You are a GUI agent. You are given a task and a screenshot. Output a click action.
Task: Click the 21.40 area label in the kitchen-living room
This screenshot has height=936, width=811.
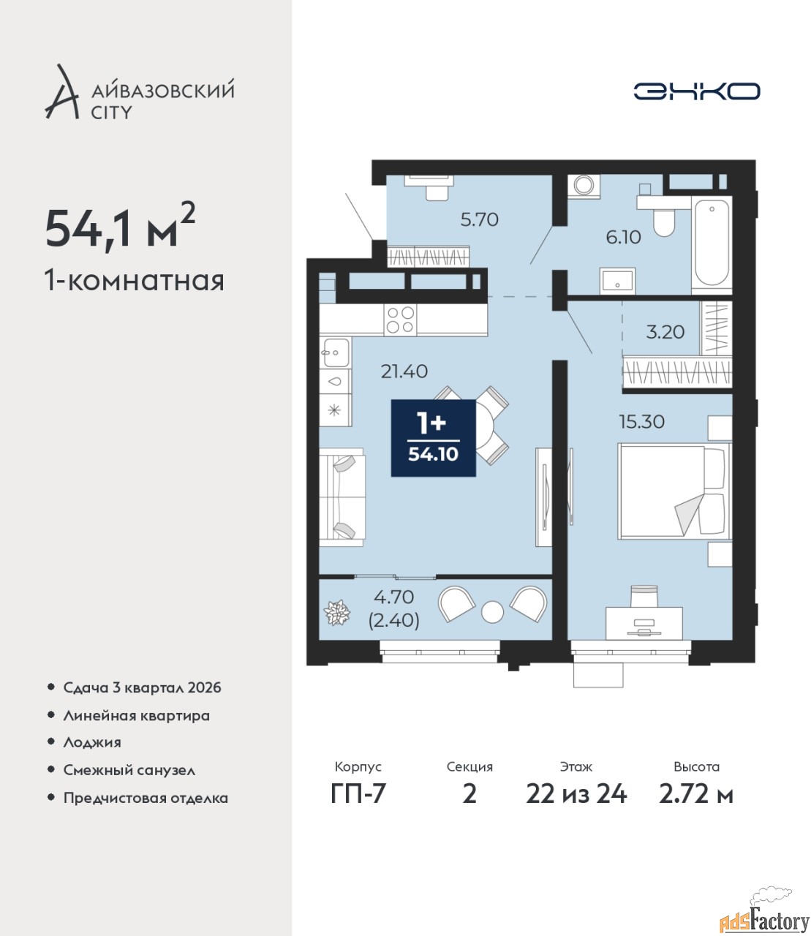click(404, 371)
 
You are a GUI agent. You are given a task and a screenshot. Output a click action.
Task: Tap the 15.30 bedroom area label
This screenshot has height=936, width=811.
click(641, 422)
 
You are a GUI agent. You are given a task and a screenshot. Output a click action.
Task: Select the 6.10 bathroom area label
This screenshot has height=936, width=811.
click(624, 237)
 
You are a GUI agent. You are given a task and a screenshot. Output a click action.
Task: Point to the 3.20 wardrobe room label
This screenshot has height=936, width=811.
click(665, 332)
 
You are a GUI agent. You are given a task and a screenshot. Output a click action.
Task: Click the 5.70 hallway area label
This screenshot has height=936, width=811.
click(480, 219)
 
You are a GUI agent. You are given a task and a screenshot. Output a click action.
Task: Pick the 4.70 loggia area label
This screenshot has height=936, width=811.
click(394, 597)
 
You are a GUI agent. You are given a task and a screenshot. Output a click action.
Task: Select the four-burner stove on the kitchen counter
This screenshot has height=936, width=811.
click(400, 320)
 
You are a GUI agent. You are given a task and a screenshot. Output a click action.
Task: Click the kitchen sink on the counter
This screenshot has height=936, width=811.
click(336, 352)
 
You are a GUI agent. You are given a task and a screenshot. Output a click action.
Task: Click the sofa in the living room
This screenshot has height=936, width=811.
click(342, 497)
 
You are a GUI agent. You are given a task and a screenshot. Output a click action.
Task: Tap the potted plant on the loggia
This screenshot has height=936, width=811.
click(337, 613)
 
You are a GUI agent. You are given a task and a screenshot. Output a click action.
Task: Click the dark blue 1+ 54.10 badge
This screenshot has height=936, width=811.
click(434, 438)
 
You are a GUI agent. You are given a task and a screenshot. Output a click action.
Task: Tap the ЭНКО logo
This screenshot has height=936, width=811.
click(696, 91)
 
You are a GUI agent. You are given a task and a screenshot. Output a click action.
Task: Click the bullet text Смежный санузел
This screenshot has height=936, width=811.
click(129, 770)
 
